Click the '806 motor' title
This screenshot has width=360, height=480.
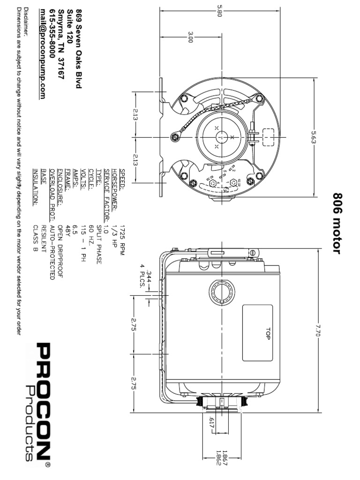click(337, 223)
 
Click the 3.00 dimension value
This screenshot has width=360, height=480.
click(190, 37)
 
